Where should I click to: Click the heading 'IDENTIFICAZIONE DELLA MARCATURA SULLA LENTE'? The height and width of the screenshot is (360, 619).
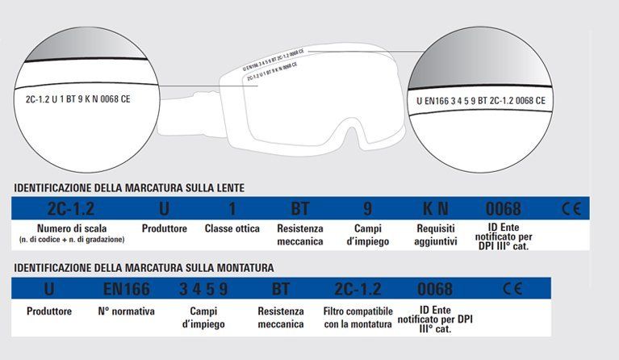129,188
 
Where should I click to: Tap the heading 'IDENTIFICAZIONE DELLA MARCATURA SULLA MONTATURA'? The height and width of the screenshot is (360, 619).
144,266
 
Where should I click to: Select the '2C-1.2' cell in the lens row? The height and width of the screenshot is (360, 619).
65,208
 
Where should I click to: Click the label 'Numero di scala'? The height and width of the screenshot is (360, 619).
66,228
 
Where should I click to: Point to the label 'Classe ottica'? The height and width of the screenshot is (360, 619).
232,228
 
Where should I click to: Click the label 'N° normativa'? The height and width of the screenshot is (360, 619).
126,311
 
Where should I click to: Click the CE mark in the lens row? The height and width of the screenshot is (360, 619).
570,208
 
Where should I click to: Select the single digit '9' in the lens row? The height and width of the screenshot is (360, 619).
368,208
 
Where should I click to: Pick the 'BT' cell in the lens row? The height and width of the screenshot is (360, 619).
299,208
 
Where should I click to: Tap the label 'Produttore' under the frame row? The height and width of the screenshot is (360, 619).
49,311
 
